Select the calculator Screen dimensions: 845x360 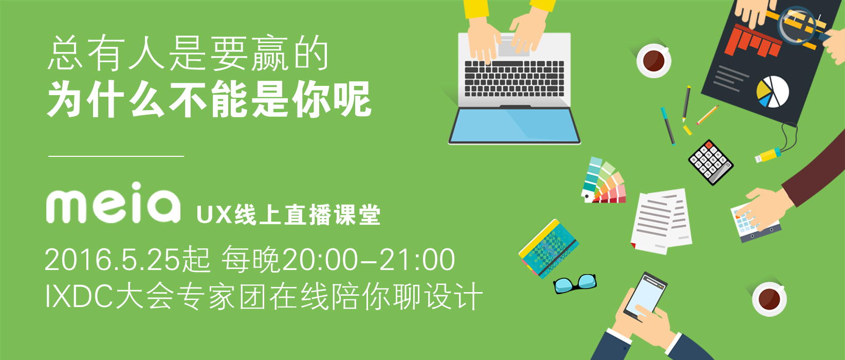pyautogui.click(x=711, y=163)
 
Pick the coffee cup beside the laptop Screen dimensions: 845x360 pyautogui.click(x=654, y=61)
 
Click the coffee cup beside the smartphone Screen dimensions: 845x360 pyautogui.click(x=769, y=299)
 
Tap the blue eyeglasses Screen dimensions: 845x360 pyautogui.click(x=575, y=283)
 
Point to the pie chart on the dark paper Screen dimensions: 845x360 pyautogui.click(x=772, y=92)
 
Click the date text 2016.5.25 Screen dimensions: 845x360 pyautogui.click(x=112, y=260)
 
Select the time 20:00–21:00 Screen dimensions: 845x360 pyautogui.click(x=369, y=260)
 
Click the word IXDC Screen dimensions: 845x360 pyautogui.click(x=79, y=296)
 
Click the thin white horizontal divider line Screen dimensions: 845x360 pyautogui.click(x=116, y=156)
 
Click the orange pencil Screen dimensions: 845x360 pyautogui.click(x=708, y=115)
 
